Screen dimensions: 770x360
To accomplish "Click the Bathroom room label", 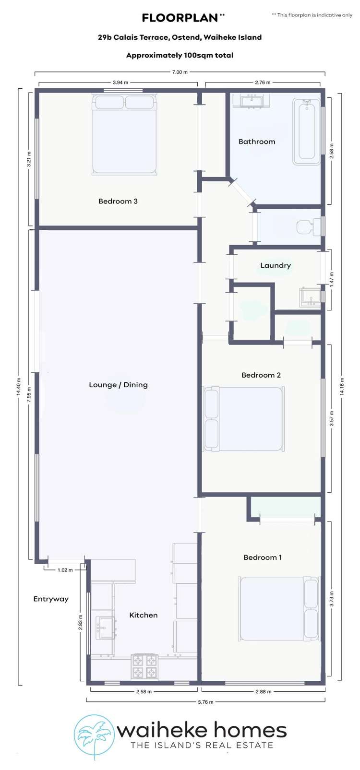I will click(x=257, y=142).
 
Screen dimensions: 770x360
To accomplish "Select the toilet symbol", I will click(x=307, y=226).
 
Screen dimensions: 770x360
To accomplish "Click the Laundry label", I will click(x=276, y=265).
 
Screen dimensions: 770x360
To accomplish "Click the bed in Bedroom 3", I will click(x=124, y=134).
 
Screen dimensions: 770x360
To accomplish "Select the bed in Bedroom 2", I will click(x=244, y=419).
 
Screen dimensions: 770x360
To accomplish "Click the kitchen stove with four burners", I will click(x=144, y=666).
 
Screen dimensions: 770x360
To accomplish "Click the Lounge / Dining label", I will click(x=118, y=385).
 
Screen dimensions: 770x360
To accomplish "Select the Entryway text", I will click(x=51, y=599).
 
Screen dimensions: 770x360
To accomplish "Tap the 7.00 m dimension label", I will click(x=180, y=72).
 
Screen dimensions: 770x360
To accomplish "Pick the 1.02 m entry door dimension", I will click(x=65, y=570).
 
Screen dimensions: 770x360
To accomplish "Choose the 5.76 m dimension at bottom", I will click(x=206, y=702).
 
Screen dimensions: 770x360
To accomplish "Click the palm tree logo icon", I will click(x=94, y=737).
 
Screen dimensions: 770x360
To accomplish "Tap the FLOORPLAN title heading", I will click(x=180, y=18).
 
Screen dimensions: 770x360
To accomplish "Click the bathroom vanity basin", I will click(x=251, y=101).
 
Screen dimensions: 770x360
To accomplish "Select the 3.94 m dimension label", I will click(x=120, y=83).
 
